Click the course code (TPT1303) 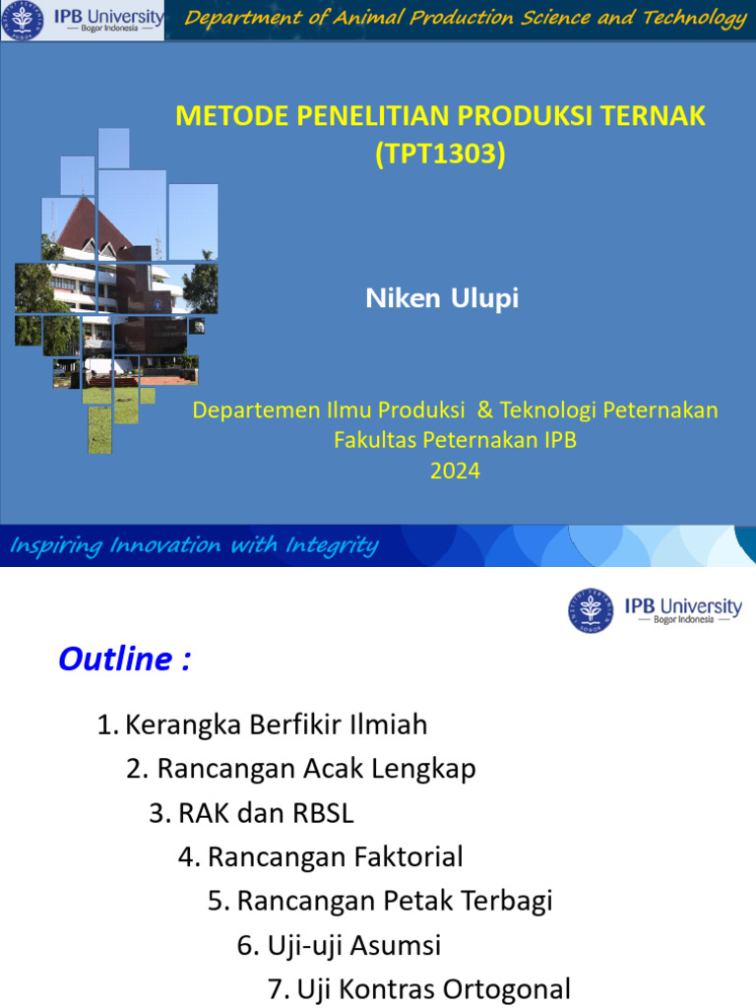click(x=440, y=155)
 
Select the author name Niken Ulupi click(x=442, y=299)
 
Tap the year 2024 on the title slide click(x=455, y=472)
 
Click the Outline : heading click(x=124, y=660)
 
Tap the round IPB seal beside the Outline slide click(x=591, y=610)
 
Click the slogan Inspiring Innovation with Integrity click(x=194, y=545)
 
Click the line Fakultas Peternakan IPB click(x=455, y=440)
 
